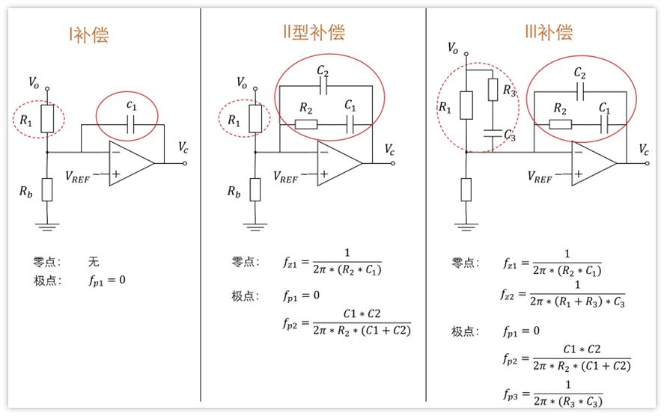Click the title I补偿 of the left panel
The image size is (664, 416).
tap(89, 34)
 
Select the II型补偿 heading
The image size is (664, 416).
tap(314, 32)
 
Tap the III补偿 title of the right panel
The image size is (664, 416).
tap(549, 32)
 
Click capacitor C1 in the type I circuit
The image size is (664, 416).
tap(130, 125)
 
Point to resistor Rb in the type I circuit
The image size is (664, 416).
tap(47, 189)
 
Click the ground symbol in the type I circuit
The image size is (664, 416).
tap(47, 227)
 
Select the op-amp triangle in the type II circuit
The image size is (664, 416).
tap(340, 163)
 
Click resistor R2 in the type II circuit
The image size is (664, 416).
tap(305, 124)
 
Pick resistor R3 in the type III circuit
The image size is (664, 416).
tap(493, 90)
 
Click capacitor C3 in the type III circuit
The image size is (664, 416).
tap(493, 134)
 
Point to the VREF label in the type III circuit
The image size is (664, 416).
tap(540, 177)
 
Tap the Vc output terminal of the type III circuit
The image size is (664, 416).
tap(648, 163)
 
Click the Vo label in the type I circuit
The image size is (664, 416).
tap(34, 82)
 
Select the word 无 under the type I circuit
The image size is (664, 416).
tap(94, 262)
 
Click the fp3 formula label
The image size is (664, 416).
tap(511, 395)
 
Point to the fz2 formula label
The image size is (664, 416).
tap(508, 295)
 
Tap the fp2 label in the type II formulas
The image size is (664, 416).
tap(290, 324)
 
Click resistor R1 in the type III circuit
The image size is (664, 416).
tap(466, 105)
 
